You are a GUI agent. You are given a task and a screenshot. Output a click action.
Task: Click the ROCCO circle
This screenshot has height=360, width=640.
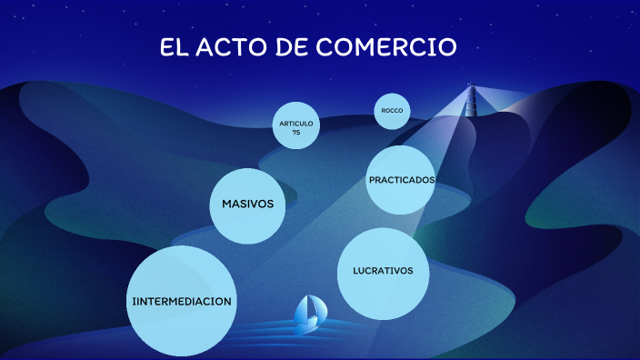(392, 111)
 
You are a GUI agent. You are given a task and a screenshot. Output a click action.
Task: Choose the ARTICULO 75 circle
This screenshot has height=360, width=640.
(296, 126)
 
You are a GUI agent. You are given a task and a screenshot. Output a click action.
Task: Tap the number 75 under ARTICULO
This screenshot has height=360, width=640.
(296, 132)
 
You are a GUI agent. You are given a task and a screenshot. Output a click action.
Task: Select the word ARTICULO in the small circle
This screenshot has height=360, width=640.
(296, 123)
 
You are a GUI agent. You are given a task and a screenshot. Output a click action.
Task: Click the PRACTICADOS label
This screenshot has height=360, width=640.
(401, 180)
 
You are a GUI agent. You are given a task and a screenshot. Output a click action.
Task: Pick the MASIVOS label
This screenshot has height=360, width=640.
(247, 204)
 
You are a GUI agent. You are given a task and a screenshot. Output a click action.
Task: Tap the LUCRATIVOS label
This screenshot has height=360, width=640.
(383, 271)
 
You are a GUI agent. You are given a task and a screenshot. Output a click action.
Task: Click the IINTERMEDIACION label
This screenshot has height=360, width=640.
(182, 301)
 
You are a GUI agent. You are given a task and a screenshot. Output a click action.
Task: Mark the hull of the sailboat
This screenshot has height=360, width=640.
(308, 321)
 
